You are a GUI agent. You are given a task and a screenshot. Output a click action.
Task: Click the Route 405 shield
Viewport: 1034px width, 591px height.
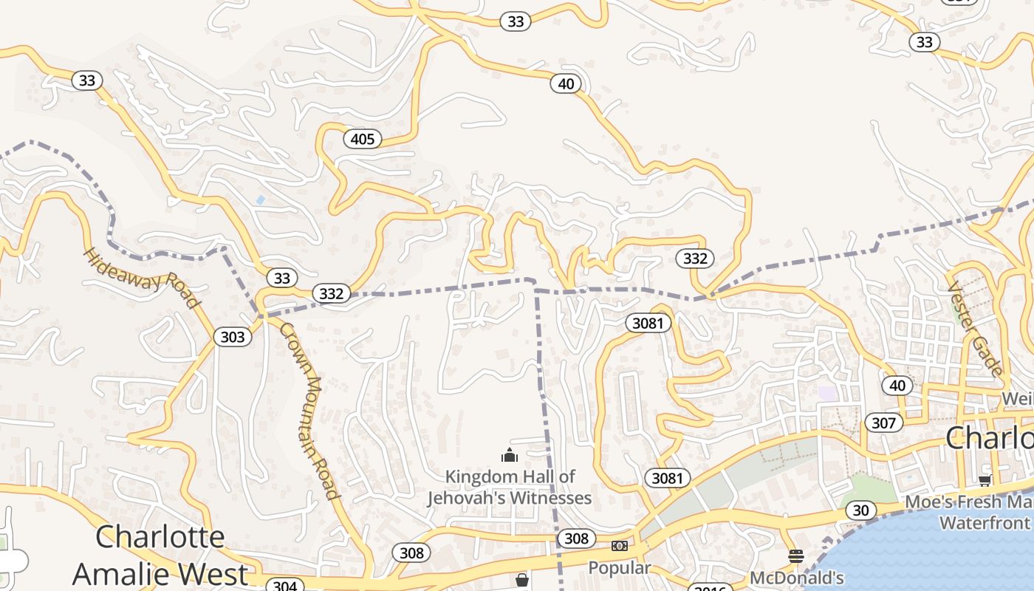point(362,139)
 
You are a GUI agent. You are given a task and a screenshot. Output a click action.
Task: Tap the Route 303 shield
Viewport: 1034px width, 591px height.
point(232,338)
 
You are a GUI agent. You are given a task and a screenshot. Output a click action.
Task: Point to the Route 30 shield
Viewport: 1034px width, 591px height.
point(860,510)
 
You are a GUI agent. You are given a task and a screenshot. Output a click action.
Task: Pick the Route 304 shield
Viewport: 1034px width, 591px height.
point(284,586)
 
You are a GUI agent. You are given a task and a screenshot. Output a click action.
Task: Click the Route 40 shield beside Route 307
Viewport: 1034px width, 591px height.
point(897,385)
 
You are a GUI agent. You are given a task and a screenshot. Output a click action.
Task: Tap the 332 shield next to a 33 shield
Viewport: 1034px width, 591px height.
point(331,293)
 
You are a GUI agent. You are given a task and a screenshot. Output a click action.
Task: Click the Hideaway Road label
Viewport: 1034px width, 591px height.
point(141,278)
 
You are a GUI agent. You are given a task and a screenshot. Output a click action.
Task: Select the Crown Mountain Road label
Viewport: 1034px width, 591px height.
point(309,411)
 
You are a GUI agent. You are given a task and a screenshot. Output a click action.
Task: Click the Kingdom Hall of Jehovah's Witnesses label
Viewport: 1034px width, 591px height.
point(510,487)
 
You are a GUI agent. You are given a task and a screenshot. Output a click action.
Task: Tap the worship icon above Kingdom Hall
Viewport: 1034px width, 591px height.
point(510,455)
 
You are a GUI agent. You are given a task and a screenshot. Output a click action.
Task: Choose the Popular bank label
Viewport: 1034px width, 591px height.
point(619,567)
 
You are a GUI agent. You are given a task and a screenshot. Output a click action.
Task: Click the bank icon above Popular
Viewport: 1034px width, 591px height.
point(619,546)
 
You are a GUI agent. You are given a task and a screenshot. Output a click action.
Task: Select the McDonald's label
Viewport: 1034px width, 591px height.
point(796,577)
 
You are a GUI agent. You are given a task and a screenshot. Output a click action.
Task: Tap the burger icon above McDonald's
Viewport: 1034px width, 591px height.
point(795,556)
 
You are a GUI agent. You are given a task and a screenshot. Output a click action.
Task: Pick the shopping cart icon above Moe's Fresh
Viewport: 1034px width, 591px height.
point(985,480)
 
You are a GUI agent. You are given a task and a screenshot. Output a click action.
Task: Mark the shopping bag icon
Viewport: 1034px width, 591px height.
point(522,580)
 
